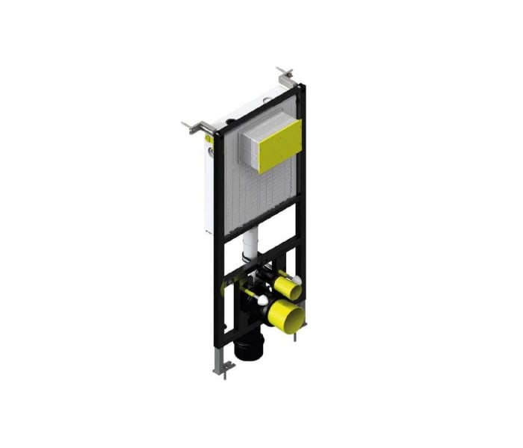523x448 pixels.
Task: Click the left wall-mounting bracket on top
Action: [196, 128]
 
